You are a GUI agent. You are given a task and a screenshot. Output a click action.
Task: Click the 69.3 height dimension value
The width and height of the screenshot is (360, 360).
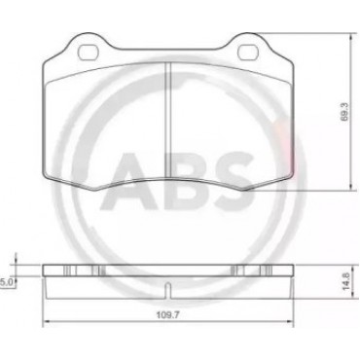click(344, 112)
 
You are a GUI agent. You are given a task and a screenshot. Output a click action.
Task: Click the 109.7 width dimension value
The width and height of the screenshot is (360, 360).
click(168, 314)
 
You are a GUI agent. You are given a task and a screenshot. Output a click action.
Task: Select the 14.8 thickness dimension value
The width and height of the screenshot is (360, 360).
click(345, 281)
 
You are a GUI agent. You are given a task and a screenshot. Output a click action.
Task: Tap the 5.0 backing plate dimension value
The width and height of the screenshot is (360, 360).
click(6, 283)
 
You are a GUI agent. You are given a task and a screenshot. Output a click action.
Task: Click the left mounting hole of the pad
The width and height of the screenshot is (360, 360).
click(89, 52)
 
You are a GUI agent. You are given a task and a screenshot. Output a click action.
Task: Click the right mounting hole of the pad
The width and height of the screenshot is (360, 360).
click(248, 52)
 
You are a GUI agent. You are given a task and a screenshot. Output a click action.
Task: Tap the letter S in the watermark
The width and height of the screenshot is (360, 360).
click(234, 181)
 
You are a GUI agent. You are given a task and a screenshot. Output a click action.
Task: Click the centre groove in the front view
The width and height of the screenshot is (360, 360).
click(168, 120)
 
